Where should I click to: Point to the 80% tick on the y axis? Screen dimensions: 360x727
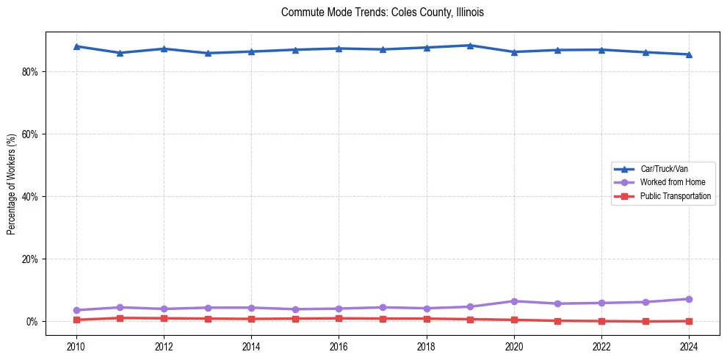[x=30, y=72]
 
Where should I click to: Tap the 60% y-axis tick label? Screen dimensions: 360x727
[x=30, y=134]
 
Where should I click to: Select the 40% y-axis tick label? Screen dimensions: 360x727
[x=30, y=197]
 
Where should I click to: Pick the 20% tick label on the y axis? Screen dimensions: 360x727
[x=30, y=259]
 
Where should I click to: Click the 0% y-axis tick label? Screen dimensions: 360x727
[x=32, y=322]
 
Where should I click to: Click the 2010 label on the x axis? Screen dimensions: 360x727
[x=76, y=346]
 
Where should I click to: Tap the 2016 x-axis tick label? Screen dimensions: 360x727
[x=339, y=346]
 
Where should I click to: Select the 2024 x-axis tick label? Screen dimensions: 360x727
[x=689, y=346]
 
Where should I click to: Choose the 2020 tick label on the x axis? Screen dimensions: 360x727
[x=514, y=346]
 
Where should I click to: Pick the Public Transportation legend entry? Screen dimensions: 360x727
[x=675, y=196]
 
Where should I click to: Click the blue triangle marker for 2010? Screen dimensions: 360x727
[x=76, y=46]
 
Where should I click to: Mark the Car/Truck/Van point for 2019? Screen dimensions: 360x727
[x=470, y=46]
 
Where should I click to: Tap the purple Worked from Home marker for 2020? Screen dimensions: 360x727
[x=514, y=301]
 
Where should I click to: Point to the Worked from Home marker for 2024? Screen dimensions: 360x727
[x=689, y=299]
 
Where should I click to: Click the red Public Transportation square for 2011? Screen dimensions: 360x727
[x=120, y=318]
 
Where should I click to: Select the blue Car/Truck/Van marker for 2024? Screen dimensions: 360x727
[x=689, y=54]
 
